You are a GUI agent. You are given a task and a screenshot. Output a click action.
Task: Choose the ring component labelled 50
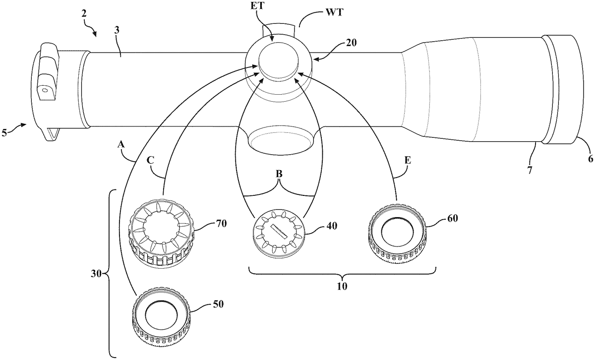tap(161, 319)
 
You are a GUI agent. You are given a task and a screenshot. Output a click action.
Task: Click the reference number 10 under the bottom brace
tap(342, 287)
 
